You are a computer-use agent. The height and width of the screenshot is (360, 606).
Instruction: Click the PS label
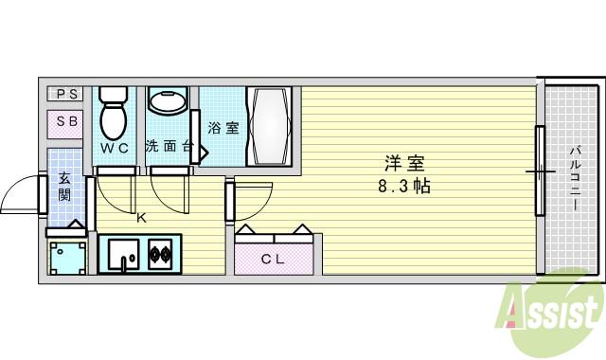click(x=66, y=93)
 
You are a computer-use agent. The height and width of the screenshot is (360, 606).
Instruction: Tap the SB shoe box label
click(x=66, y=122)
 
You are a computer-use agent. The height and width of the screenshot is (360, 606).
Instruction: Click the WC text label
click(x=115, y=149)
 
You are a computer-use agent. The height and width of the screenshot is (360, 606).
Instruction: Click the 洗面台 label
click(x=169, y=147)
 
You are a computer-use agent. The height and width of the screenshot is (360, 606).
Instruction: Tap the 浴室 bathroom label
click(x=223, y=128)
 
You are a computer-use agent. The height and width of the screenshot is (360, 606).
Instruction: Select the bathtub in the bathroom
click(x=273, y=127)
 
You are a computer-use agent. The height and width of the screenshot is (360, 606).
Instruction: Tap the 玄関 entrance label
click(x=64, y=187)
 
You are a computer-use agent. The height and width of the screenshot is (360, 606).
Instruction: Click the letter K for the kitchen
click(x=141, y=218)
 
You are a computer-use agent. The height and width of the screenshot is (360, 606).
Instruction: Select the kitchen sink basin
click(x=122, y=253)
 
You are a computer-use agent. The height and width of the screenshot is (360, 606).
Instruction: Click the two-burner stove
click(x=159, y=254)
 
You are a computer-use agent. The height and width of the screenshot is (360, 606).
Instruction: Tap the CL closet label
click(x=274, y=259)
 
